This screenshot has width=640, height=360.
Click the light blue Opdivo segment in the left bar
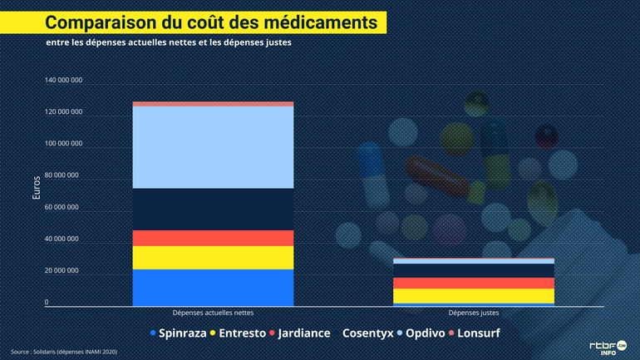pos(213,147)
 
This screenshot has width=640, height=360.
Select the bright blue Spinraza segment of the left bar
pos(213,287)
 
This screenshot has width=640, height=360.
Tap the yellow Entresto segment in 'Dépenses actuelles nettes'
pos(213,258)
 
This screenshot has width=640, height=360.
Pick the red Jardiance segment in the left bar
pos(213,238)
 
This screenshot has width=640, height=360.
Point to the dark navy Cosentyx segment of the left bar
pos(213,209)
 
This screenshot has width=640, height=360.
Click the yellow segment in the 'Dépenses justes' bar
pos(474,296)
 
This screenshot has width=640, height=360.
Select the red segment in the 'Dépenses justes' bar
pos(474,283)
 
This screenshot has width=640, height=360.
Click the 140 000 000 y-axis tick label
pos(63,81)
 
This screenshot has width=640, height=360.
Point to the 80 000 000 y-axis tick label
pos(63,175)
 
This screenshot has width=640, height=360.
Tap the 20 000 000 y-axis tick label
pos(63,270)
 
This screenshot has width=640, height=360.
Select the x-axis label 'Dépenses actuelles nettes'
pos(213,313)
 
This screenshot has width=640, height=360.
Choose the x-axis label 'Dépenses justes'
pos(474,313)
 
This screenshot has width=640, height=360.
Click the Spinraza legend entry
pos(178,333)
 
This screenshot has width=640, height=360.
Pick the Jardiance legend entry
pos(299,333)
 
